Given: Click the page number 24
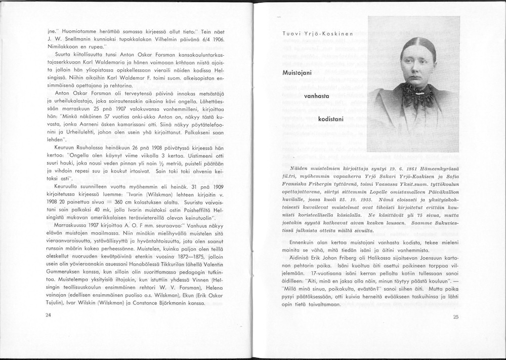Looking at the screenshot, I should (x=49, y=315).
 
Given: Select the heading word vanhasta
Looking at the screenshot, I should (x=316, y=96).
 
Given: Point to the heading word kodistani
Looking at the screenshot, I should (x=331, y=118).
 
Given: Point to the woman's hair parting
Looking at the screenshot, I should (x=417, y=41).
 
